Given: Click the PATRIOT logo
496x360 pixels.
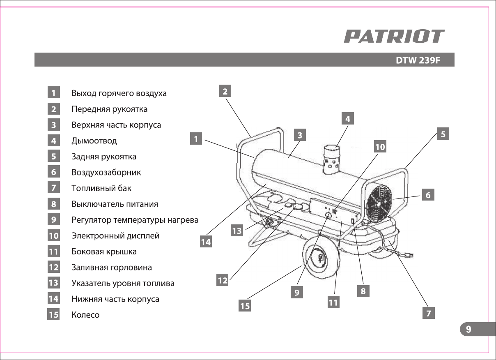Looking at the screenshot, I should click(x=394, y=36).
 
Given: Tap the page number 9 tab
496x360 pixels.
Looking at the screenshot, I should click(x=468, y=329).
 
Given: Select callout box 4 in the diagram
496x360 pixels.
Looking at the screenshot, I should click(x=348, y=119).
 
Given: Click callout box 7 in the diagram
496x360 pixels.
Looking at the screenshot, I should click(x=429, y=313).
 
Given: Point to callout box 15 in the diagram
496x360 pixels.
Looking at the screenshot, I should click(x=245, y=306).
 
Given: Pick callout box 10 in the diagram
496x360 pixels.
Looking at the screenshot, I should click(x=380, y=147).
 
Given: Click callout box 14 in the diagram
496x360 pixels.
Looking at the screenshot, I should click(x=206, y=242).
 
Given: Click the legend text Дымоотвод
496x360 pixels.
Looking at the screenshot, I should click(x=94, y=141).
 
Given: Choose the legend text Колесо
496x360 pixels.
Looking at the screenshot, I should click(x=85, y=315).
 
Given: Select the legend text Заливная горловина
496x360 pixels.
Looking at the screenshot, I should click(x=112, y=268).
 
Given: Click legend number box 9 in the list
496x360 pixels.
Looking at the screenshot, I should click(x=53, y=220).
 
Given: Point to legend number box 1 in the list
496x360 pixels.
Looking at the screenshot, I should click(x=53, y=93).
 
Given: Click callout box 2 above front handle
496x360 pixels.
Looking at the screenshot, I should click(x=225, y=91).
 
